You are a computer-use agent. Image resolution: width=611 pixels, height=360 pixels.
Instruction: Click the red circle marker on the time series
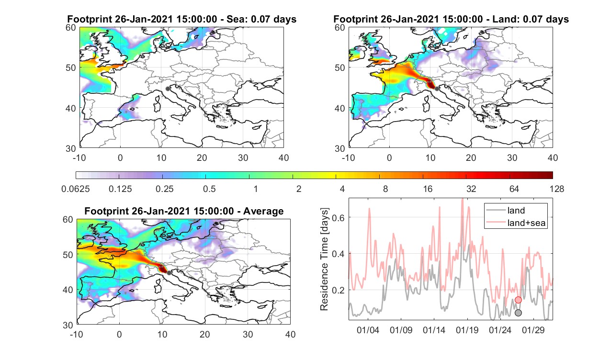518,300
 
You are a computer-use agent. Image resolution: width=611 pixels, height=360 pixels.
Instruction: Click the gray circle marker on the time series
518,313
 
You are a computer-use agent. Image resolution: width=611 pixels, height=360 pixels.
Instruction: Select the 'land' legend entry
516,210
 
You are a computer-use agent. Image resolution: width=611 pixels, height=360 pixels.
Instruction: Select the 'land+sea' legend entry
526,223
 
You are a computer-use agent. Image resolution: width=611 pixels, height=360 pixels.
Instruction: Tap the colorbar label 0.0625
76,189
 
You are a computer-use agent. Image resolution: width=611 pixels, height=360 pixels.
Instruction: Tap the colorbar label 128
557,189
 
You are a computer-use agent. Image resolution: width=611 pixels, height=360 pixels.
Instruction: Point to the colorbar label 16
428,189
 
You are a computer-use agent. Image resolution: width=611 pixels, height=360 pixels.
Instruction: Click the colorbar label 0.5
209,189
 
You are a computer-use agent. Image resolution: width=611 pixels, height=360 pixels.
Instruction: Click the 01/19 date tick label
467,330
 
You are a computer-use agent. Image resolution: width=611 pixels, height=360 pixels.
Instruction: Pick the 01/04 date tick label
368,330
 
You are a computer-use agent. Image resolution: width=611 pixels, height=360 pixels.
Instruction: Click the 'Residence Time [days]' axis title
324,259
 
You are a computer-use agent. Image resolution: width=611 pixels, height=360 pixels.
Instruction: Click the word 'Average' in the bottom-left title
263,211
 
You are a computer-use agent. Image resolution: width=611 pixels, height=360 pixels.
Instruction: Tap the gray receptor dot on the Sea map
168,89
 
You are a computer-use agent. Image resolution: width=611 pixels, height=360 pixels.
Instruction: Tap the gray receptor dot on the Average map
169,273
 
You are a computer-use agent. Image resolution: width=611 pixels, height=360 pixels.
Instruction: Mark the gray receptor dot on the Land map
437,89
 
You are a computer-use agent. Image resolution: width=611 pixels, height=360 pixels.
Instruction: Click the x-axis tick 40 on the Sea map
283,157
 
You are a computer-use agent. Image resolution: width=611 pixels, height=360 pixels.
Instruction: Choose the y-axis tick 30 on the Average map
68,325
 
